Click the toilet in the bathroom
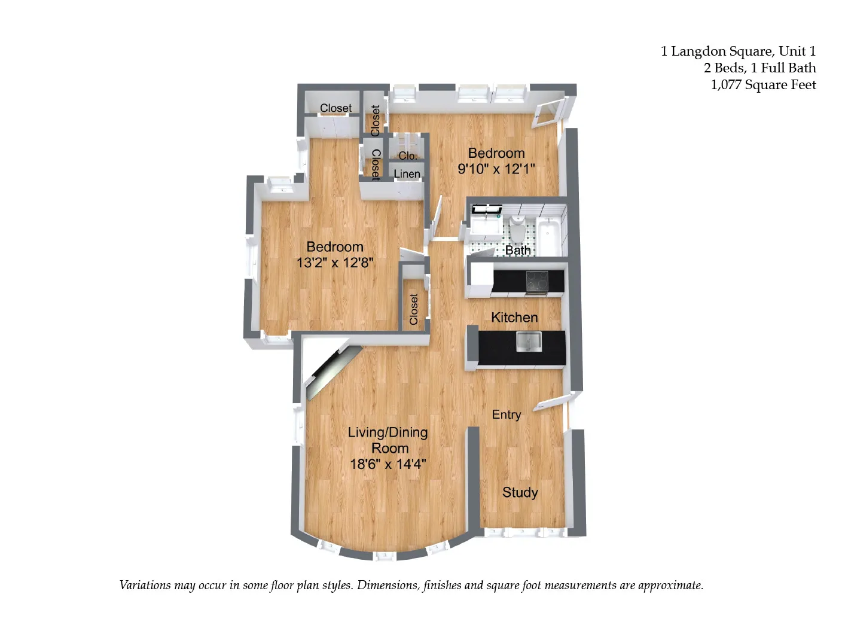tap(517, 228)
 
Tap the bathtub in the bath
tap(548, 236)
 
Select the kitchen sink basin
tap(529, 342)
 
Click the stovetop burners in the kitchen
tap(536, 280)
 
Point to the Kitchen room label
tap(514, 318)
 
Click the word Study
tap(520, 492)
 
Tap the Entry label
tap(507, 414)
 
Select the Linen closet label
tap(407, 174)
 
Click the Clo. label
tap(408, 156)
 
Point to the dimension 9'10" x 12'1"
tap(496, 169)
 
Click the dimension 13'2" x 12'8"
tap(335, 263)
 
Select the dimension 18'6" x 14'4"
tap(388, 464)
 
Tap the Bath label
tap(518, 250)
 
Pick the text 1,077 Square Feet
tap(763, 85)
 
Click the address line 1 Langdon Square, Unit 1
tap(738, 51)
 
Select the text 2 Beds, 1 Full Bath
tap(759, 68)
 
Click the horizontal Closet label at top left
tap(335, 108)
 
